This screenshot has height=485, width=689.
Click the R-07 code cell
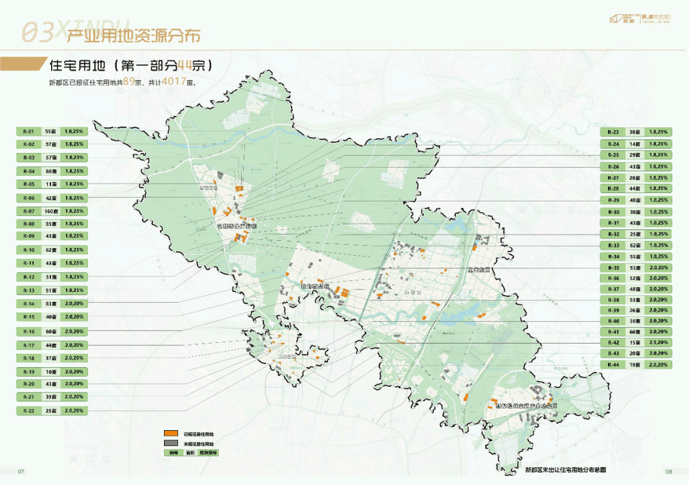point(29,211)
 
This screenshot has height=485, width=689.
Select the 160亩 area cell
point(51,211)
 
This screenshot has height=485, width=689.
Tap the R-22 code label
point(29,410)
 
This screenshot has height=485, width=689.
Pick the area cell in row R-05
point(51,184)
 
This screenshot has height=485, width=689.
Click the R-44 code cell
point(613,365)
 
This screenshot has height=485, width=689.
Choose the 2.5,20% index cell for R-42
point(658,342)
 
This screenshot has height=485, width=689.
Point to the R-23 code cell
point(613,132)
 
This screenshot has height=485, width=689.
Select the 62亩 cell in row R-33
point(635,245)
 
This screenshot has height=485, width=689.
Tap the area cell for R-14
point(51,303)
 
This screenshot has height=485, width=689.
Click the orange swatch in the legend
point(171,434)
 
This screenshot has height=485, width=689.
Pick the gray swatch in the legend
point(171,443)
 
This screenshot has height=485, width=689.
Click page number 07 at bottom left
point(21,472)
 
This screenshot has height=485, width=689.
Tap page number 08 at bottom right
point(669,472)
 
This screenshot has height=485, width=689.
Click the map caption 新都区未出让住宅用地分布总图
point(565,470)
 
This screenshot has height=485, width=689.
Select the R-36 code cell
point(613,279)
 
